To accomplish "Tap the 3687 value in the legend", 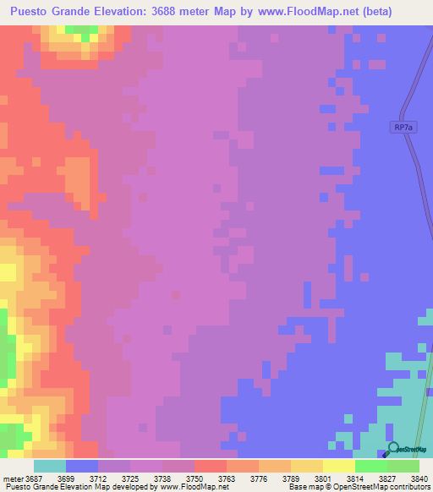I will [x=33, y=478].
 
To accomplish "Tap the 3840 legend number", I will [x=420, y=478].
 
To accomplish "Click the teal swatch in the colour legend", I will [x=49, y=466].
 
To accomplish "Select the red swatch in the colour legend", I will [x=210, y=466].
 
